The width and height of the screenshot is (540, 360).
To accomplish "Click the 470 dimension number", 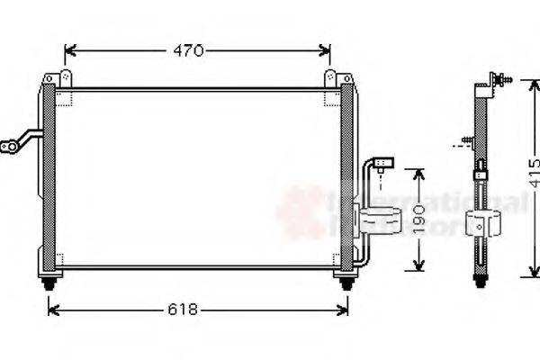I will click(x=188, y=51).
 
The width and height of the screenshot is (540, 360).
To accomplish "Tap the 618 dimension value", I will click(x=184, y=310).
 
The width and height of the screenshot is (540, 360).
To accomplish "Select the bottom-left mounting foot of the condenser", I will click(x=49, y=282).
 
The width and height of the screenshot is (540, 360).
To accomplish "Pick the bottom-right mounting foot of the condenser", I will click(x=345, y=282).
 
